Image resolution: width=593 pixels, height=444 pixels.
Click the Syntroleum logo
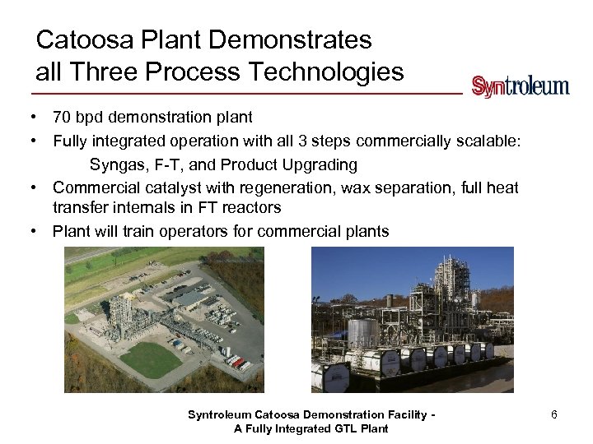coord(520,86)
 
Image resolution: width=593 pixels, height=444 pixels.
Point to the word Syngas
coord(119,164)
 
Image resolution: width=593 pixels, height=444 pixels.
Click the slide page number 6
coord(554,414)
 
